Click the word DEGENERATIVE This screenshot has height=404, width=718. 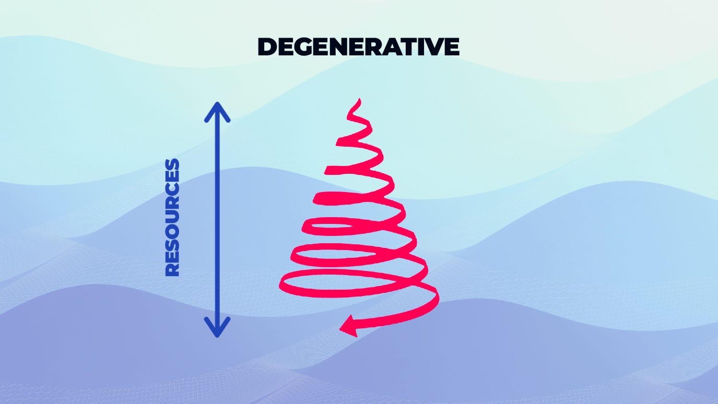click(x=358, y=47)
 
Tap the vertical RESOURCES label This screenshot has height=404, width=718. click(x=172, y=217)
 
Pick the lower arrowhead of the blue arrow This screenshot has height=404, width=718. click(x=217, y=328)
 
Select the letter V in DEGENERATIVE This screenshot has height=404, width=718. click(x=430, y=47)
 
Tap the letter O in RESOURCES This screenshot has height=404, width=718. click(x=172, y=229)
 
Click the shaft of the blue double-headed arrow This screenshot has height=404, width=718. click(x=217, y=219)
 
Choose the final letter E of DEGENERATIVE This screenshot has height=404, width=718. click(x=450, y=47)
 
